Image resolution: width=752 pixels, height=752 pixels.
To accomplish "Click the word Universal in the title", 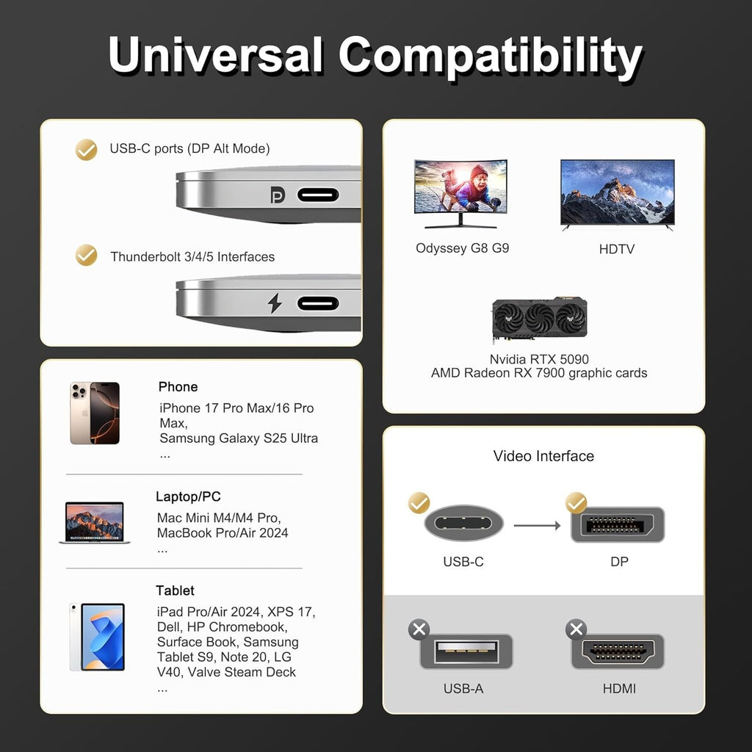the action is [216, 54].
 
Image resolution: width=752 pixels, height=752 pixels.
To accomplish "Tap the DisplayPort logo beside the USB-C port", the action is [278, 195].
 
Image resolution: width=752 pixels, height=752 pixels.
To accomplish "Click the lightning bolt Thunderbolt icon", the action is [275, 303].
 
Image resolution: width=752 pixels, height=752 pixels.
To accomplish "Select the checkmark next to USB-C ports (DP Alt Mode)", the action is [87, 150].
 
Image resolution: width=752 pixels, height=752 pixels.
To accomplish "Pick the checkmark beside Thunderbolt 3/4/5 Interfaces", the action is [87, 255].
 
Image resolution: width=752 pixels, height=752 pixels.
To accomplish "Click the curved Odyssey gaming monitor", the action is [460, 194].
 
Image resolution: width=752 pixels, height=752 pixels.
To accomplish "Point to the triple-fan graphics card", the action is [540, 319].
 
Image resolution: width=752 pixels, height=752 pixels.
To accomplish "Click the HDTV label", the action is [617, 249].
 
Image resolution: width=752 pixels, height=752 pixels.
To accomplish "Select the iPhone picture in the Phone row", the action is [95, 413].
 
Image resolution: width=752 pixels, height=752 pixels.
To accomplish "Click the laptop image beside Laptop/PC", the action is [95, 522].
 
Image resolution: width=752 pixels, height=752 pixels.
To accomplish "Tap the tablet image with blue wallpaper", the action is [98, 637].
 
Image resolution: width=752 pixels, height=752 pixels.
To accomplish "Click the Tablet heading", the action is [175, 590].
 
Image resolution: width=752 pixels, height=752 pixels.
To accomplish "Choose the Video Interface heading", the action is [543, 455].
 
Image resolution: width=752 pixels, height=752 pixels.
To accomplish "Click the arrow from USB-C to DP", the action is [537, 526].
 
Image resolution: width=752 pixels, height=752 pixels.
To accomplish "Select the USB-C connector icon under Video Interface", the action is [464, 523].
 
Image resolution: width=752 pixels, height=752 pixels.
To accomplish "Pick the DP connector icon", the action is [618, 524].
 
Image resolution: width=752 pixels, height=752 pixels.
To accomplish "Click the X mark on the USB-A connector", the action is [419, 629].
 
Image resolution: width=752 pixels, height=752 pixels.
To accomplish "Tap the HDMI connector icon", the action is [618, 651].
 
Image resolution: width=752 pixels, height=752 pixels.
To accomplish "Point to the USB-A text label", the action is [463, 689].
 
